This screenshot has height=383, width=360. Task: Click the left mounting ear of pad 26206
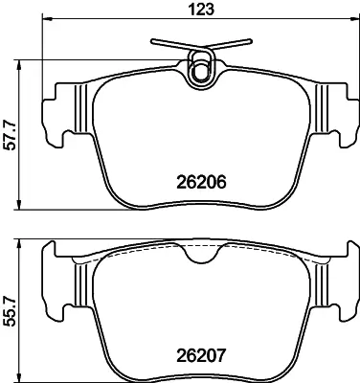click(59, 115)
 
